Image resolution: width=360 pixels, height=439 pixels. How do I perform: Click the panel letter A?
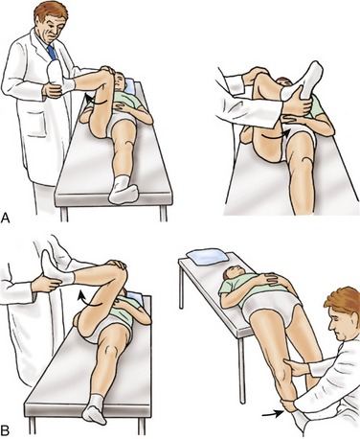(6, 219)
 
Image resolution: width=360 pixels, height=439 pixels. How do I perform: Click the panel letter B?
(5, 430)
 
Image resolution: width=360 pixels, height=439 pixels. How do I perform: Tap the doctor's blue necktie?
(52, 53)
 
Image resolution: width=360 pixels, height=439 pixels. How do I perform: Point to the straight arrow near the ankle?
(272, 414)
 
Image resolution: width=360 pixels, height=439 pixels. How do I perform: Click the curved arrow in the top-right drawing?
(276, 137)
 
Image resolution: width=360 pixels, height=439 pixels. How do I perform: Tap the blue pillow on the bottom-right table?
(208, 257)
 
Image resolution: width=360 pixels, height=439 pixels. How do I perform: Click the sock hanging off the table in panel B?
(94, 410)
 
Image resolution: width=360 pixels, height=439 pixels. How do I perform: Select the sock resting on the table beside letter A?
(124, 191)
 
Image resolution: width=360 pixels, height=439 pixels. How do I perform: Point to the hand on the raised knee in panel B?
(117, 265)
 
